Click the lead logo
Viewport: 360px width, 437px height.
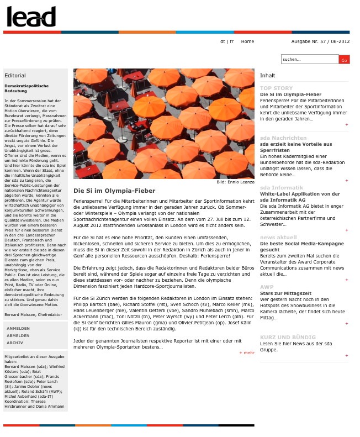point(31,17)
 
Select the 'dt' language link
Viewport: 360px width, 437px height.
point(223,41)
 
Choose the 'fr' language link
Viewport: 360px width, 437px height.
point(232,41)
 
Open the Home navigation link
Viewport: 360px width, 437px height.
point(247,41)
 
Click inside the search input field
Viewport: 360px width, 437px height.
point(309,59)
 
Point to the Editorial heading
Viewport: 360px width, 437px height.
point(15,76)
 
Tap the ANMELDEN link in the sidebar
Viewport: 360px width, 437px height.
point(18,328)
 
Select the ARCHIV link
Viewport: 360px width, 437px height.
point(15,343)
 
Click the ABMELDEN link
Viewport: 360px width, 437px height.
point(18,335)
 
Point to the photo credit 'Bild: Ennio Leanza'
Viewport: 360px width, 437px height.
point(235,182)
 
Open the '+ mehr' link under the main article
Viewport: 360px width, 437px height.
point(247,352)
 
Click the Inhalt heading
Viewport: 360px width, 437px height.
point(267,76)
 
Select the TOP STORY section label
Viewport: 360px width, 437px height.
point(277,88)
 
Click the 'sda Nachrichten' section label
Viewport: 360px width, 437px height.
point(283,138)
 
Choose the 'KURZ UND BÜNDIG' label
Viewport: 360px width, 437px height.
point(288,337)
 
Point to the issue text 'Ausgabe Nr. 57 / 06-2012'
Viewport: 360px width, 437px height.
point(320,41)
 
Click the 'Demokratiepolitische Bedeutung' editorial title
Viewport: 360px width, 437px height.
point(27,88)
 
